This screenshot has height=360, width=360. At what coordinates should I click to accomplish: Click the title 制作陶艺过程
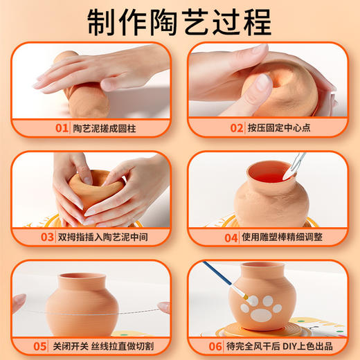[x=179, y=22]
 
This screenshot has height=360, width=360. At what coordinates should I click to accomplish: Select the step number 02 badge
[x=238, y=127]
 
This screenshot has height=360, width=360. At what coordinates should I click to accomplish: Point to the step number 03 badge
[x=47, y=237]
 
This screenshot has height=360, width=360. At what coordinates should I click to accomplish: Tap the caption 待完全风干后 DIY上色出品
[x=277, y=344]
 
